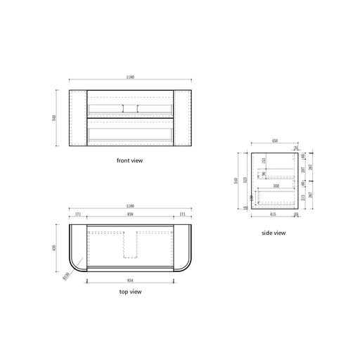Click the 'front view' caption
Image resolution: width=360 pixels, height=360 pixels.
coord(129,160)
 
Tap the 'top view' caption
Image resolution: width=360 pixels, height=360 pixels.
coord(129,290)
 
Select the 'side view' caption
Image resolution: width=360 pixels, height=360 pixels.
coord(274,232)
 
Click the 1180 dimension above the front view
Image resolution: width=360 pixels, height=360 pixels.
coord(129,77)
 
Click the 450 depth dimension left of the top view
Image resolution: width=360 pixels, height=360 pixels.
coord(56,247)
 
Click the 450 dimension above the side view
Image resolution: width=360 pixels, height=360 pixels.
coord(273,139)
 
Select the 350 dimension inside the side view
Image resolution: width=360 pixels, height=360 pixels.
coord(276,186)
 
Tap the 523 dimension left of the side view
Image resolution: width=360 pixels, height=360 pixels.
coord(244,180)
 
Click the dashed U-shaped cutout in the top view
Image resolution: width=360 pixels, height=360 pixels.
coord(129,244)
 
